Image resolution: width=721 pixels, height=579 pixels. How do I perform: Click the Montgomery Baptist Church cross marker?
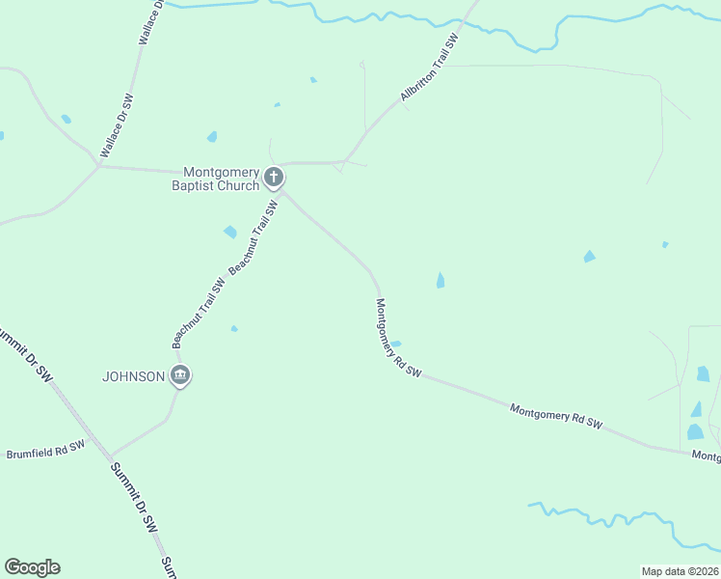[x=274, y=177]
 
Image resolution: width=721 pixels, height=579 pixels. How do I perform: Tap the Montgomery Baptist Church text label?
[x=215, y=178]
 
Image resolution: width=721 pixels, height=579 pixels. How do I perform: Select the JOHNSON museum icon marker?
[x=179, y=375]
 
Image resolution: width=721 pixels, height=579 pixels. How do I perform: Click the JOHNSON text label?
[x=134, y=376]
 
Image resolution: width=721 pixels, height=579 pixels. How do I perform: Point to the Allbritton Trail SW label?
[x=429, y=67]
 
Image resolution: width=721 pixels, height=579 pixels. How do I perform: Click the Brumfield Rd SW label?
[x=45, y=449]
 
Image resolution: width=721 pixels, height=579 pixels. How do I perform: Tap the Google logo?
[x=32, y=567]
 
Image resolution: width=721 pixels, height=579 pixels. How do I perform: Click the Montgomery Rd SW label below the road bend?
[x=397, y=338]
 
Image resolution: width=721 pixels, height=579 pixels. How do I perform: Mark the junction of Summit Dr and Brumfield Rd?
[x=110, y=456]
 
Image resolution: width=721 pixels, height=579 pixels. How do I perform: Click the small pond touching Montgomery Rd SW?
[x=395, y=343]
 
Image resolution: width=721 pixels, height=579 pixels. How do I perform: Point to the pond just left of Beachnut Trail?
[x=230, y=232]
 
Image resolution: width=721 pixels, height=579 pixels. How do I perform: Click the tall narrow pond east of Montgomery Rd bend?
[x=441, y=280]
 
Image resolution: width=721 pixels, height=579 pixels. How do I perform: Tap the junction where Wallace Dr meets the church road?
[x=99, y=166]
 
